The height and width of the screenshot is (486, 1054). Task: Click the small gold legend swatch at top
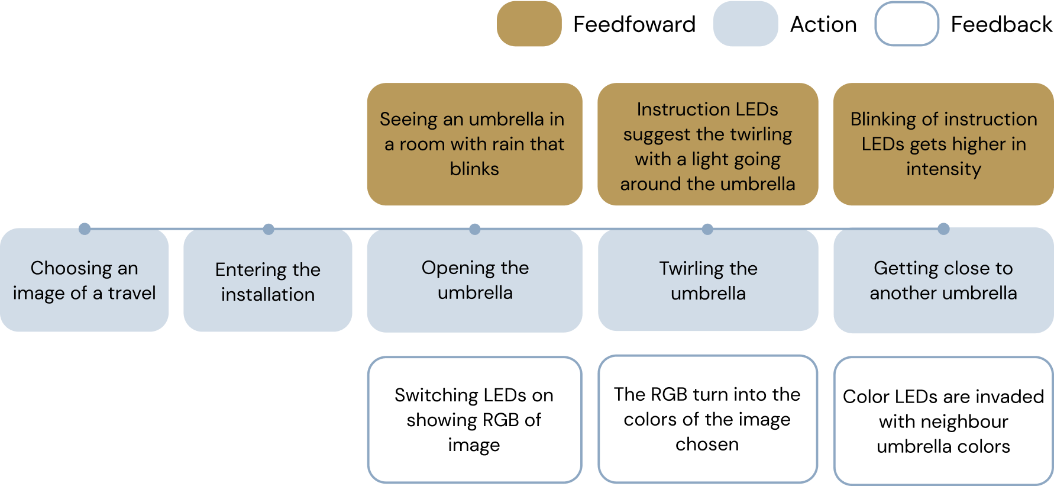pos(529,24)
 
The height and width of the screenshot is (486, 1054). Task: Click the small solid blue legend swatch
pos(745,24)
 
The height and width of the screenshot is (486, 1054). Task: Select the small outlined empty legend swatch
pos(906,24)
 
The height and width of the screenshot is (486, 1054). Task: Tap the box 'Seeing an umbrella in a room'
pos(474,144)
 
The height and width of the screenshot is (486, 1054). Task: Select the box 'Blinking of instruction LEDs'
pos(943,144)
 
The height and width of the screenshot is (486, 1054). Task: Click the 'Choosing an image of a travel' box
pos(84,280)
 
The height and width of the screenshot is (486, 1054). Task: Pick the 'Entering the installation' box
pos(267,281)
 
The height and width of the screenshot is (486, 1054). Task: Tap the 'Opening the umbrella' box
pos(474,280)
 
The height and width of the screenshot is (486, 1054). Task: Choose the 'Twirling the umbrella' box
pos(707,280)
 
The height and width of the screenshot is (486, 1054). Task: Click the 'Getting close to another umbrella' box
pos(943,280)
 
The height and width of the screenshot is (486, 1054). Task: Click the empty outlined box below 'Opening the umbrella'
pos(474,419)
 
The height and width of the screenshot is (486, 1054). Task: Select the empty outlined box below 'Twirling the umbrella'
pos(707,419)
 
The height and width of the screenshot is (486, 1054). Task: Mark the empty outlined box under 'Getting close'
pos(943,420)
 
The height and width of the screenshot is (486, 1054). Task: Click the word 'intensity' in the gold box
pos(943,169)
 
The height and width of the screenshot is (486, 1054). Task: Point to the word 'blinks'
pos(474,169)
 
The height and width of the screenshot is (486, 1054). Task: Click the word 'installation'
pos(267,294)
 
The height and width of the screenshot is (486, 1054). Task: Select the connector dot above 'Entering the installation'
pos(269,227)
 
